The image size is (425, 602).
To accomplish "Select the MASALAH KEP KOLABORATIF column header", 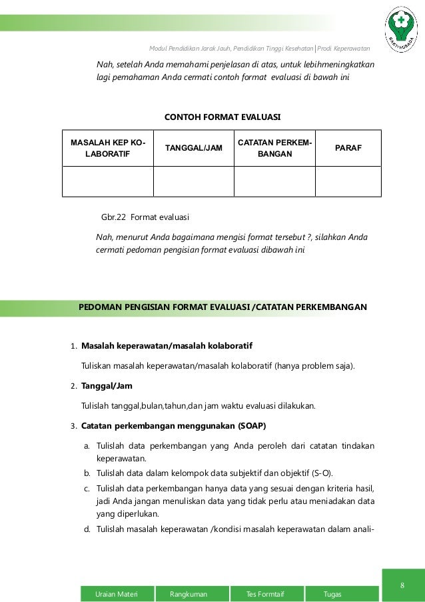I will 104,148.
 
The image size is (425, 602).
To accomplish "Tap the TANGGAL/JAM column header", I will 193,148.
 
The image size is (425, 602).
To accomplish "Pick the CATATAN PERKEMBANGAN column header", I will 273,148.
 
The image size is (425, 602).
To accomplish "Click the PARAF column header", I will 348,148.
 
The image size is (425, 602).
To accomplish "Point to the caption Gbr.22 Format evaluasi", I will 145,217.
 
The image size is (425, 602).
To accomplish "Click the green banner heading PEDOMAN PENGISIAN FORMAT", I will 222,307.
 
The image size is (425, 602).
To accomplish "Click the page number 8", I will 402,585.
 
